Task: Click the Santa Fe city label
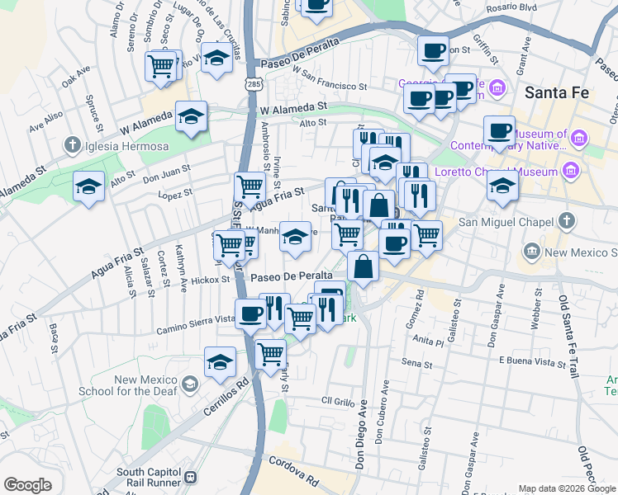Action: [558, 92]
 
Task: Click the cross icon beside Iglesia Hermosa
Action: [73, 146]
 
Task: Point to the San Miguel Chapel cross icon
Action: [566, 220]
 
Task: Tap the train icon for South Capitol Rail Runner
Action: [191, 477]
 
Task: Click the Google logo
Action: [28, 485]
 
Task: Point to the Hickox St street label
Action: [210, 280]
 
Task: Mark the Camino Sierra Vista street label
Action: [196, 328]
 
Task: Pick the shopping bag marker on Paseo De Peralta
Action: [363, 266]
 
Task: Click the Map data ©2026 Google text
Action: [567, 488]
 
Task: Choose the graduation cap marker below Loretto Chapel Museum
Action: [502, 186]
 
